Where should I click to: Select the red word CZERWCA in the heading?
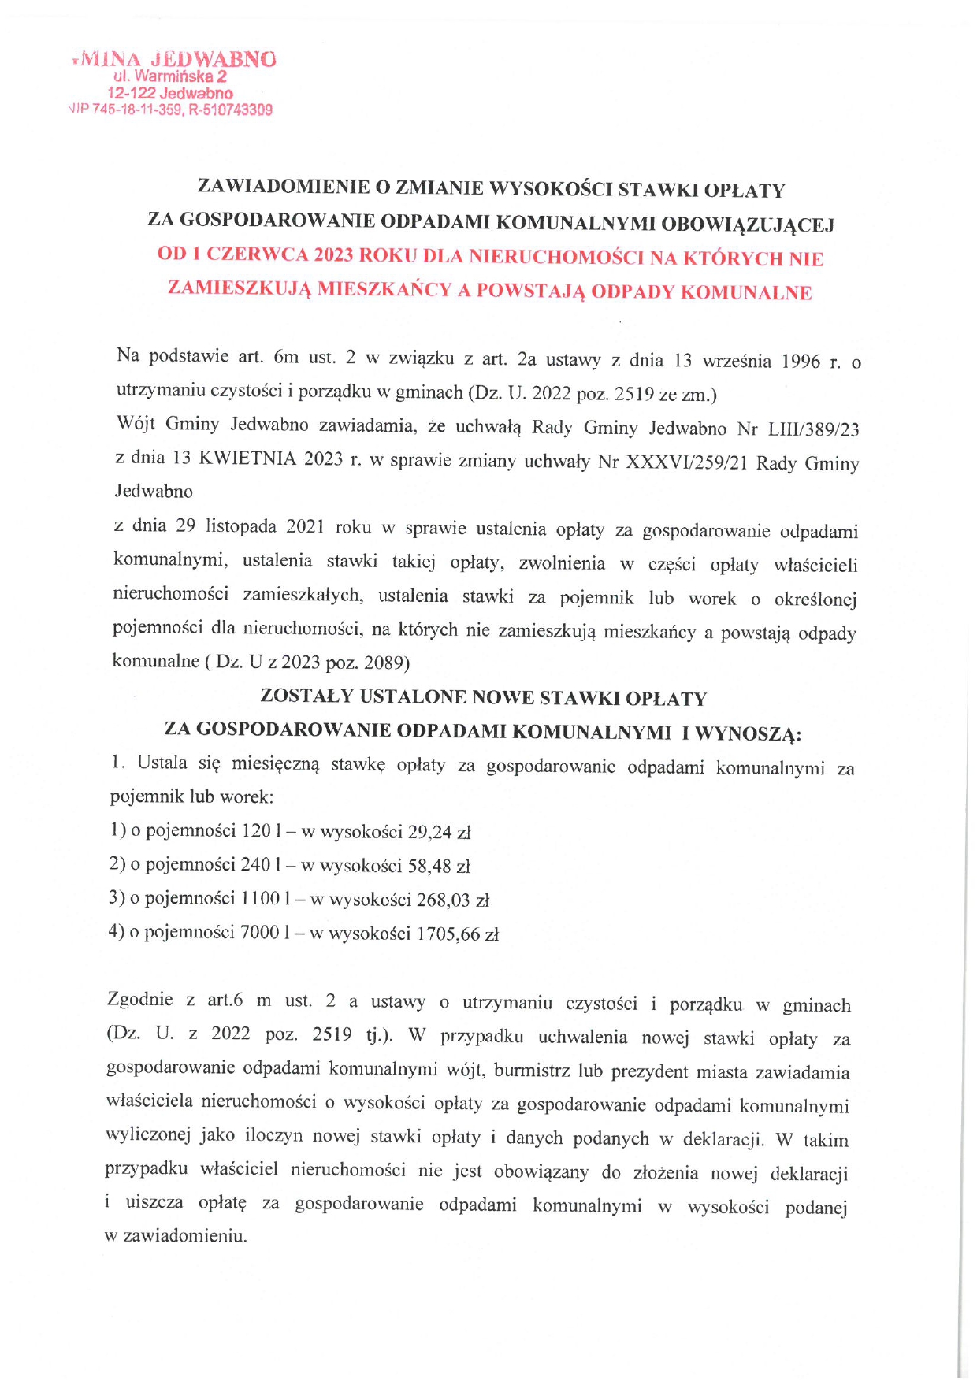click(x=253, y=254)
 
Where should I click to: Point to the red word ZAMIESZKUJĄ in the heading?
click(x=240, y=288)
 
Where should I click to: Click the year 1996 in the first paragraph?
click(x=801, y=362)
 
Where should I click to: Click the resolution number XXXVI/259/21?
click(x=686, y=462)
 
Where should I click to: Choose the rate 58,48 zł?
click(x=438, y=867)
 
